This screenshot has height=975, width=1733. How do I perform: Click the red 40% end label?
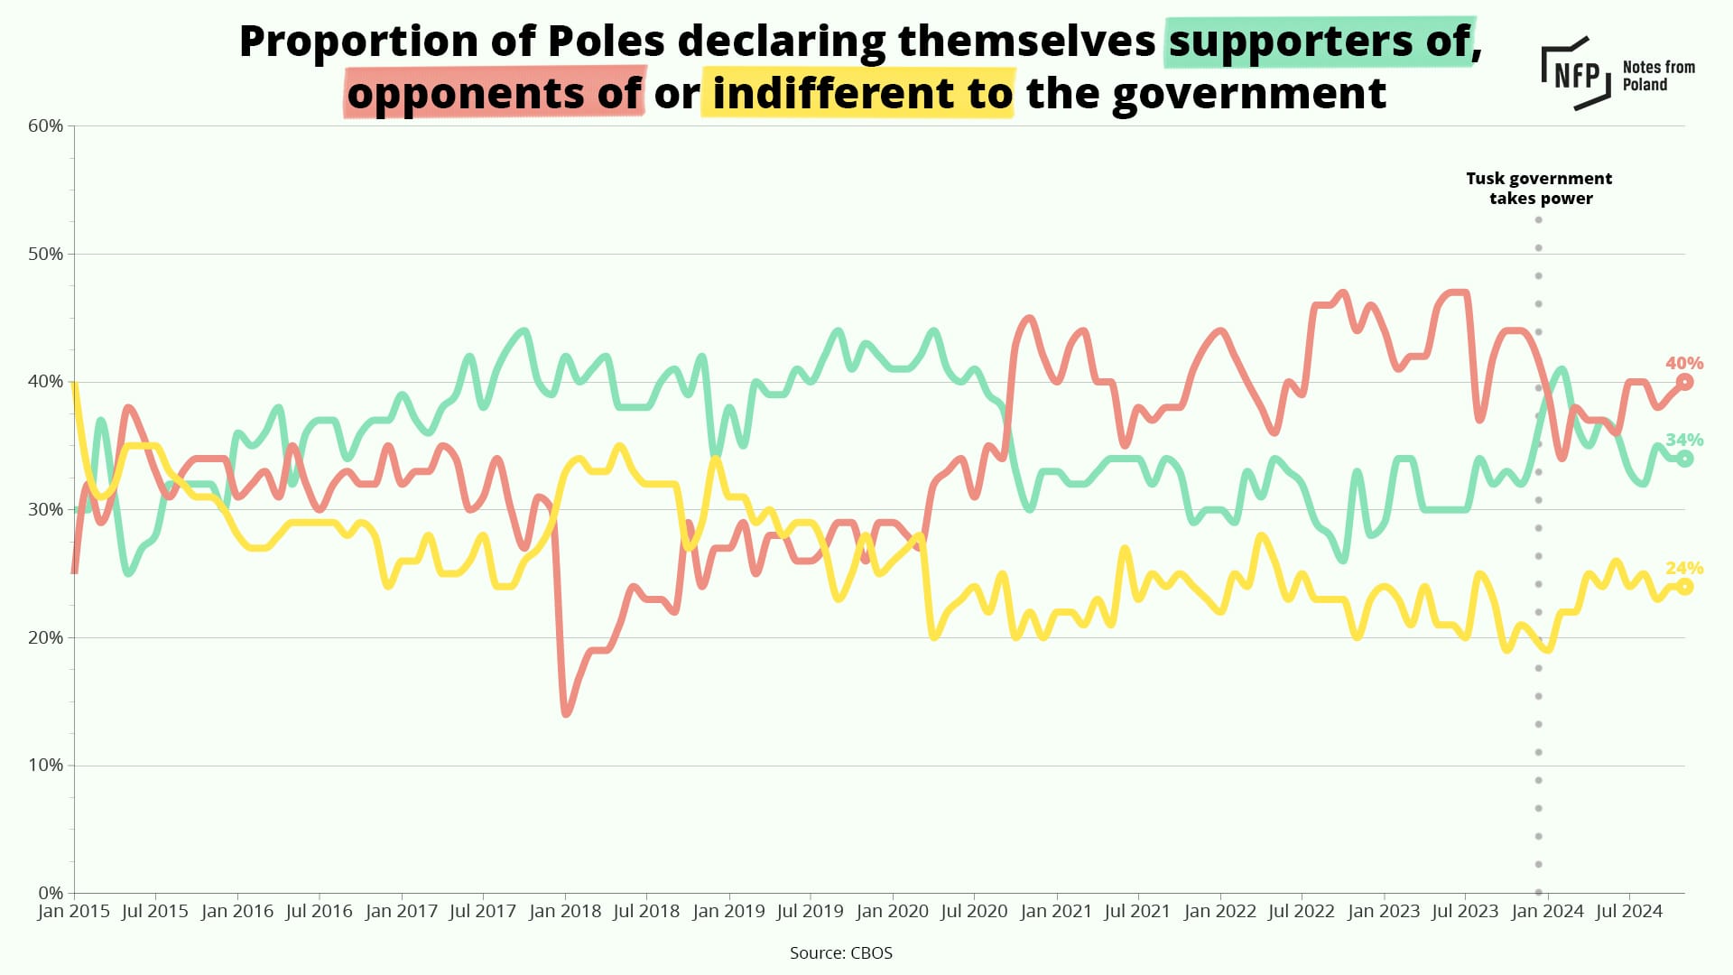1684,363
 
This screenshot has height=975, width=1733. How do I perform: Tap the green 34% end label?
1684,440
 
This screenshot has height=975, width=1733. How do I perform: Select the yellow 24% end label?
1684,568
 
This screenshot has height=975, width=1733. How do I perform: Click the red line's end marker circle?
1684,382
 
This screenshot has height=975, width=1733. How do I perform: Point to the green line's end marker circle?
1684,459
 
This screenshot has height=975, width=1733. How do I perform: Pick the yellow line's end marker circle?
1684,587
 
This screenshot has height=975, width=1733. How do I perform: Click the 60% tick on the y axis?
46,125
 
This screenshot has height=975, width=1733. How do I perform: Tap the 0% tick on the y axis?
51,893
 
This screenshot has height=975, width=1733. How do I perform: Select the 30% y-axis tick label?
46,509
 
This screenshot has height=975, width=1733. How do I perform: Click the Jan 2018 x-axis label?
565,911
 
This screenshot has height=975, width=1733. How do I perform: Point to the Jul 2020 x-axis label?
974,911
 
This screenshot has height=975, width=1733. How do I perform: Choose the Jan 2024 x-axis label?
1547,911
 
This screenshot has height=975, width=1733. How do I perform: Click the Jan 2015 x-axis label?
74,911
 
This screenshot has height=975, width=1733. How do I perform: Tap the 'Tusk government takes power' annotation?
1539,189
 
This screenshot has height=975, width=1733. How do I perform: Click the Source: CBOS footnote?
840,952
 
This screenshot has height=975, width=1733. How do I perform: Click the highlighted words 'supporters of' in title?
1320,42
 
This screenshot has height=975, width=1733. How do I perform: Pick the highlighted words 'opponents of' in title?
494,93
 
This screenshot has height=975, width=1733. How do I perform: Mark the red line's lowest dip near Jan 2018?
566,714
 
